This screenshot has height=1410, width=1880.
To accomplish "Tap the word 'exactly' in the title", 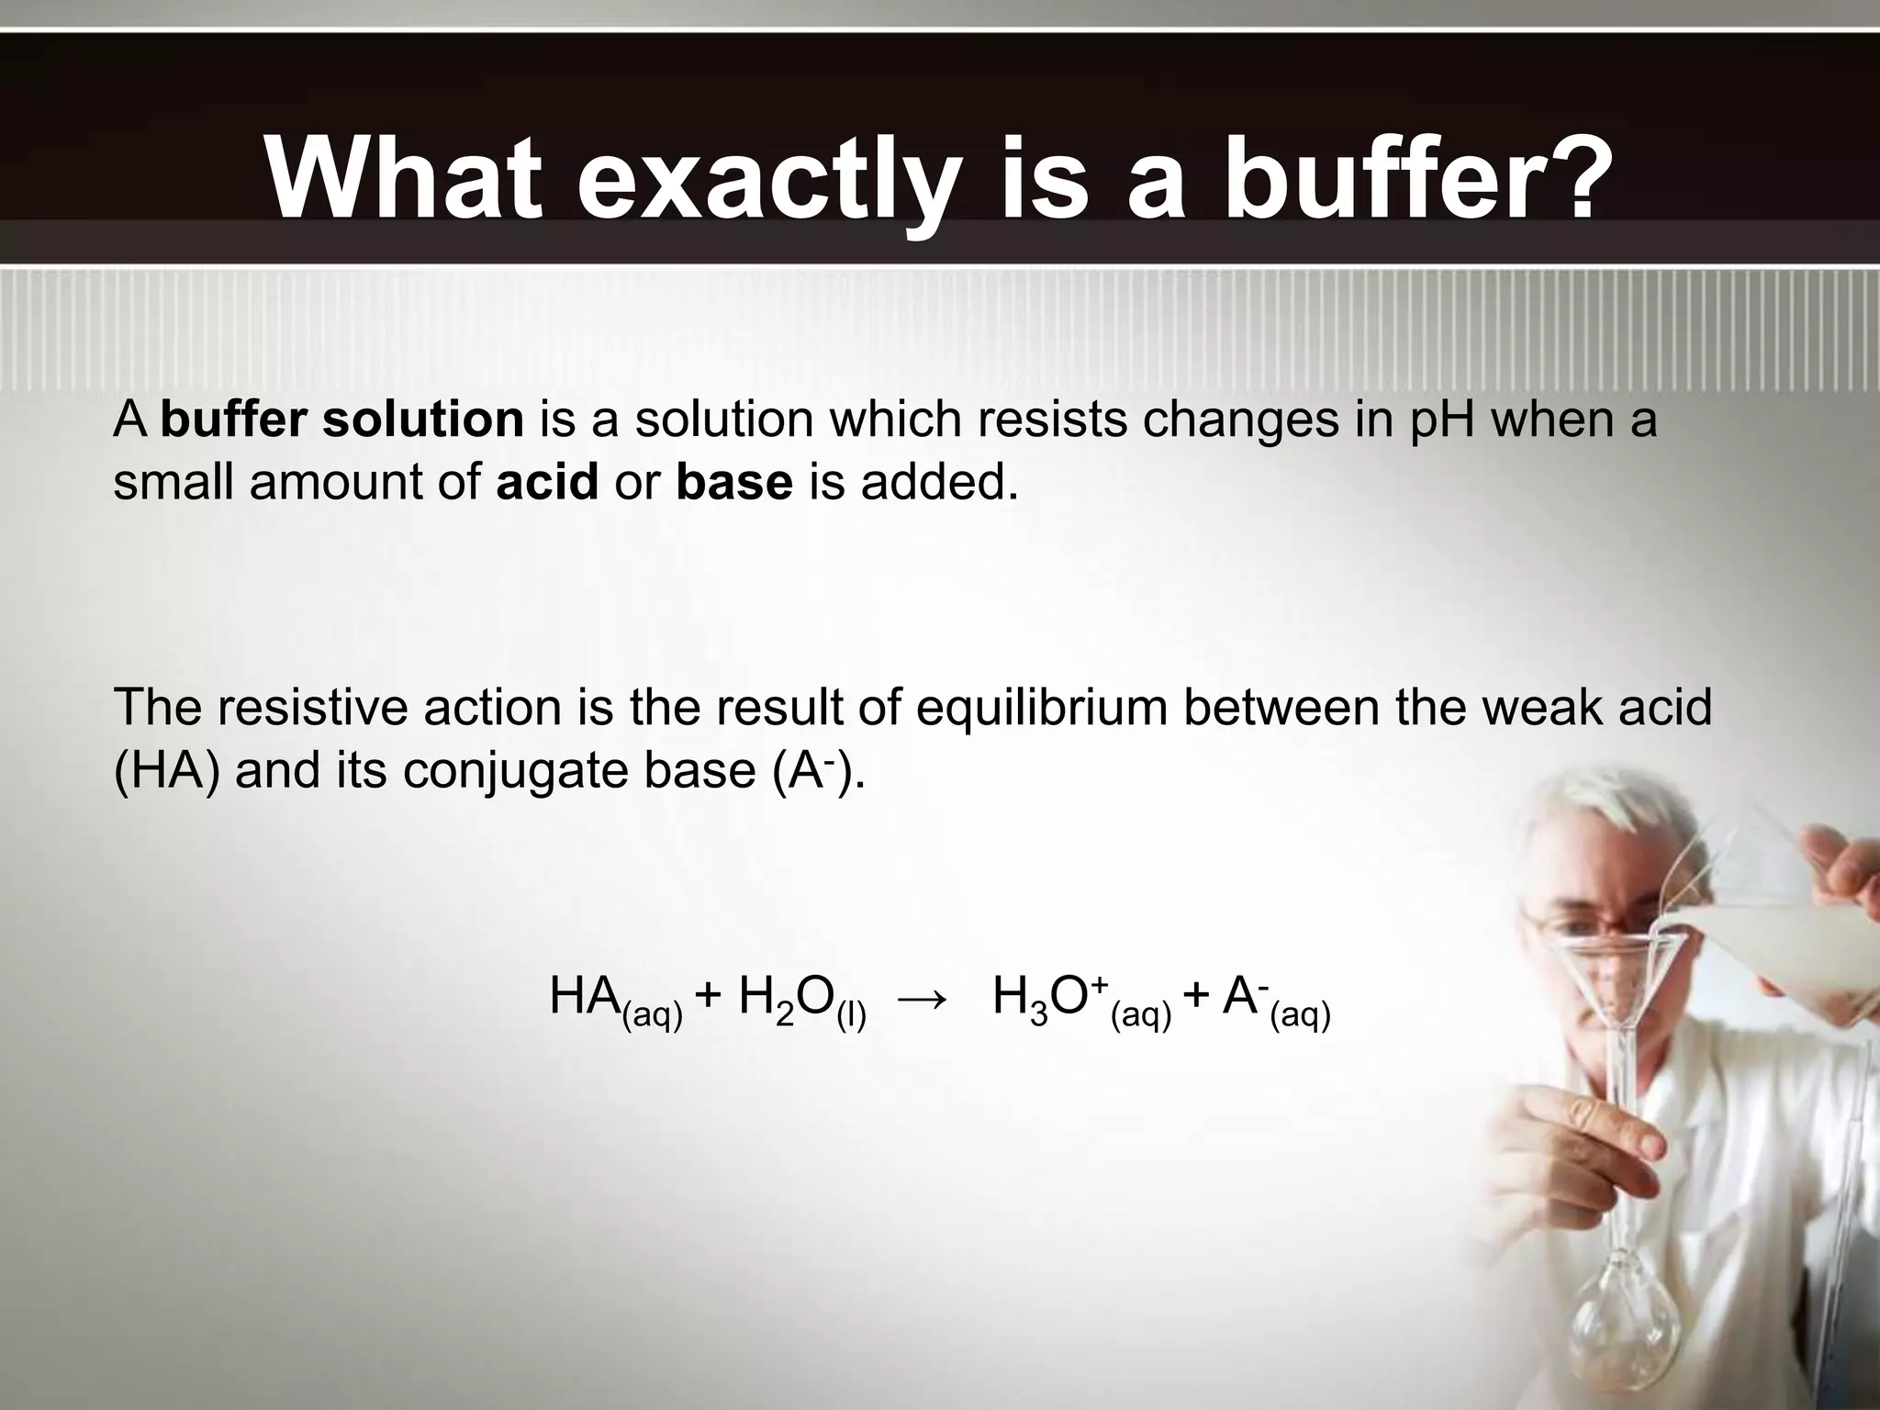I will tap(765, 180).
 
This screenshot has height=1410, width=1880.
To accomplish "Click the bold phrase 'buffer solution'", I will tap(341, 420).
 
